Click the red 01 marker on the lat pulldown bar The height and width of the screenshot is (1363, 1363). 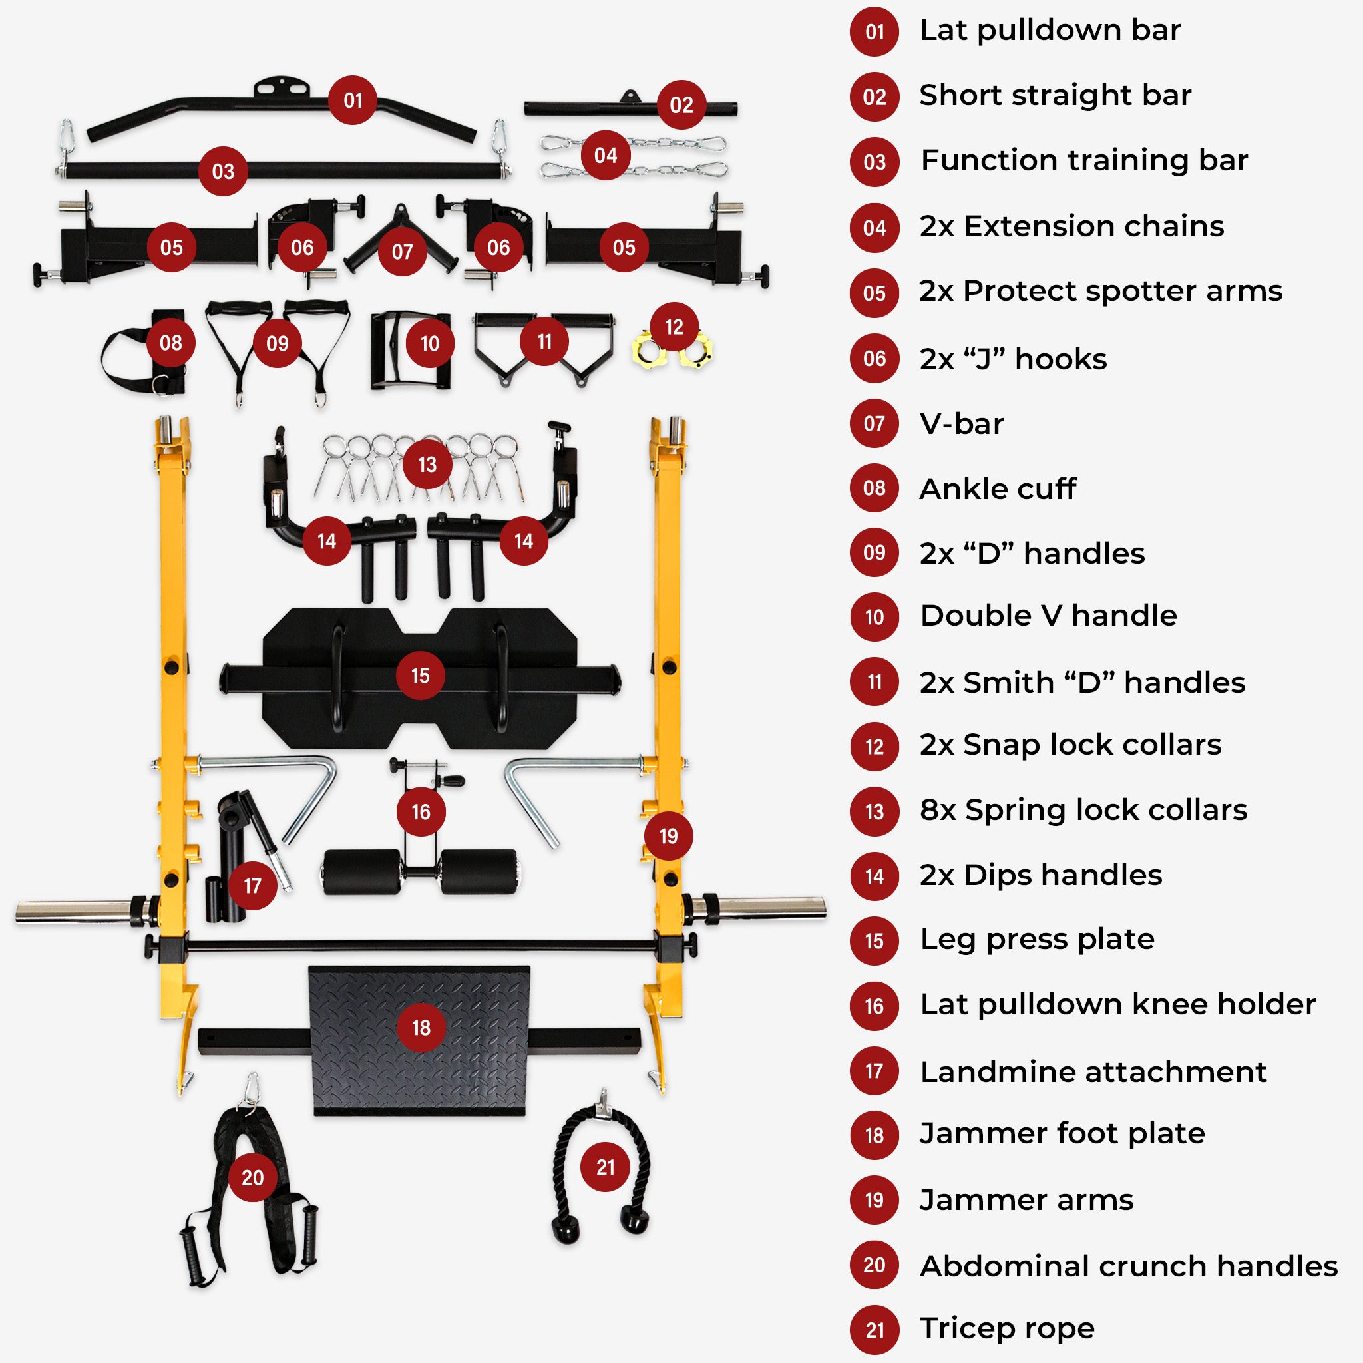353,100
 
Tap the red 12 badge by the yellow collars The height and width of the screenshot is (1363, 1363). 674,327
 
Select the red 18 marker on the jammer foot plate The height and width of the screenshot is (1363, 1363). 421,1027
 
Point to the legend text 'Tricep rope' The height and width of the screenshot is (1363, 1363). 1007,1328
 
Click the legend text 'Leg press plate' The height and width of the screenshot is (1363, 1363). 1037,939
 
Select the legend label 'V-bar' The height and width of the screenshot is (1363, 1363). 961,423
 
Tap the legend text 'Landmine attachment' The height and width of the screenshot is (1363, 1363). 1093,1071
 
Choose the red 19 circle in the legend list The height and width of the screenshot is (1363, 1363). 874,1200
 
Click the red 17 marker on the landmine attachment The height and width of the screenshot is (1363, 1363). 252,885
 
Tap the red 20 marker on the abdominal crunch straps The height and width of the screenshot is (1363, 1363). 252,1177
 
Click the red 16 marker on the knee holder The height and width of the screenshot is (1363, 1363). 421,811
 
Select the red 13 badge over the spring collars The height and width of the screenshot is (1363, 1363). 427,465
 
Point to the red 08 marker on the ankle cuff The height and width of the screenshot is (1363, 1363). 171,343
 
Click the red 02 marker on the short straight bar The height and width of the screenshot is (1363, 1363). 681,104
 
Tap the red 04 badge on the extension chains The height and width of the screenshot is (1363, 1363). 606,155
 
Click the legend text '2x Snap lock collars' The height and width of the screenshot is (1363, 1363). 1070,745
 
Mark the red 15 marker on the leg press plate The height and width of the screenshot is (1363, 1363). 420,675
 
